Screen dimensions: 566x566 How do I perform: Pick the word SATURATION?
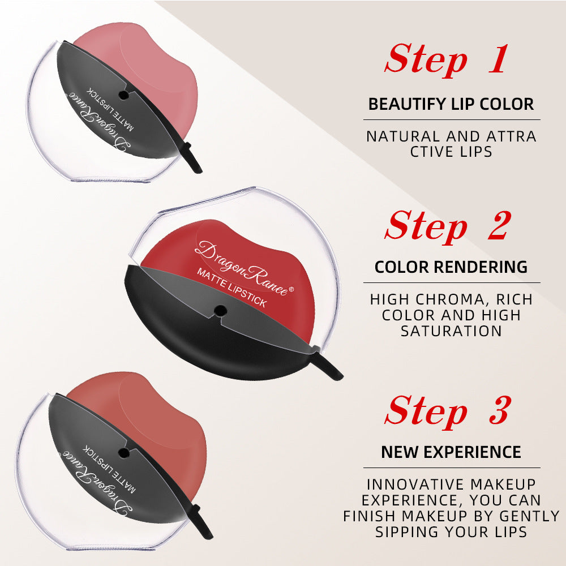click(x=451, y=331)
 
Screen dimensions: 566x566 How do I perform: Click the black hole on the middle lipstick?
click(x=219, y=309)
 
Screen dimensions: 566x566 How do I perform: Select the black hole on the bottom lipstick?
click(x=122, y=452)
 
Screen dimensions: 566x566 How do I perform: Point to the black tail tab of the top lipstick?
click(x=192, y=165)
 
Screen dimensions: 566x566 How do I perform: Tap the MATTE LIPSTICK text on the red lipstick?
click(x=231, y=288)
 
